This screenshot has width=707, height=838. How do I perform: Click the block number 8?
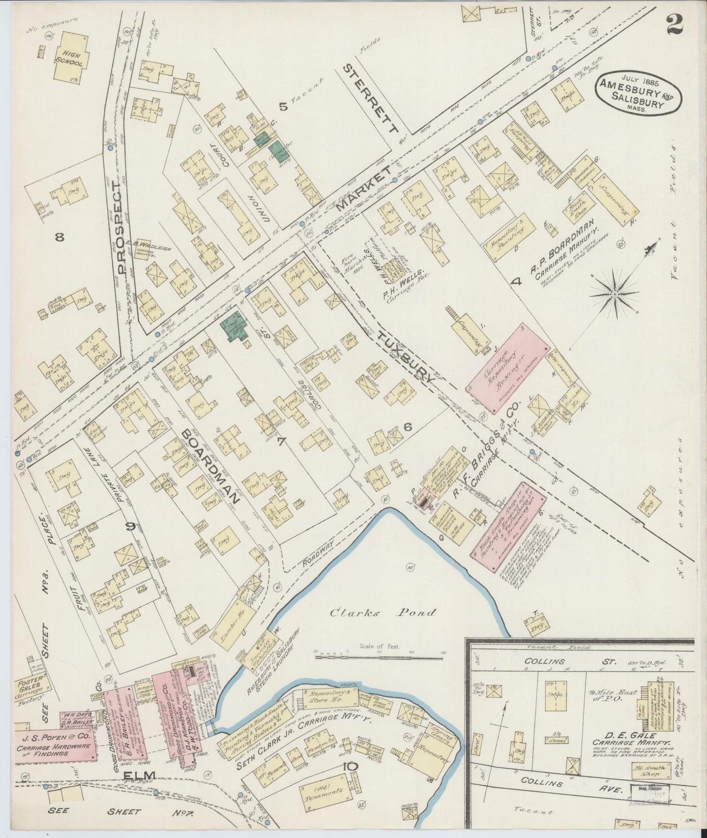[60, 238]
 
